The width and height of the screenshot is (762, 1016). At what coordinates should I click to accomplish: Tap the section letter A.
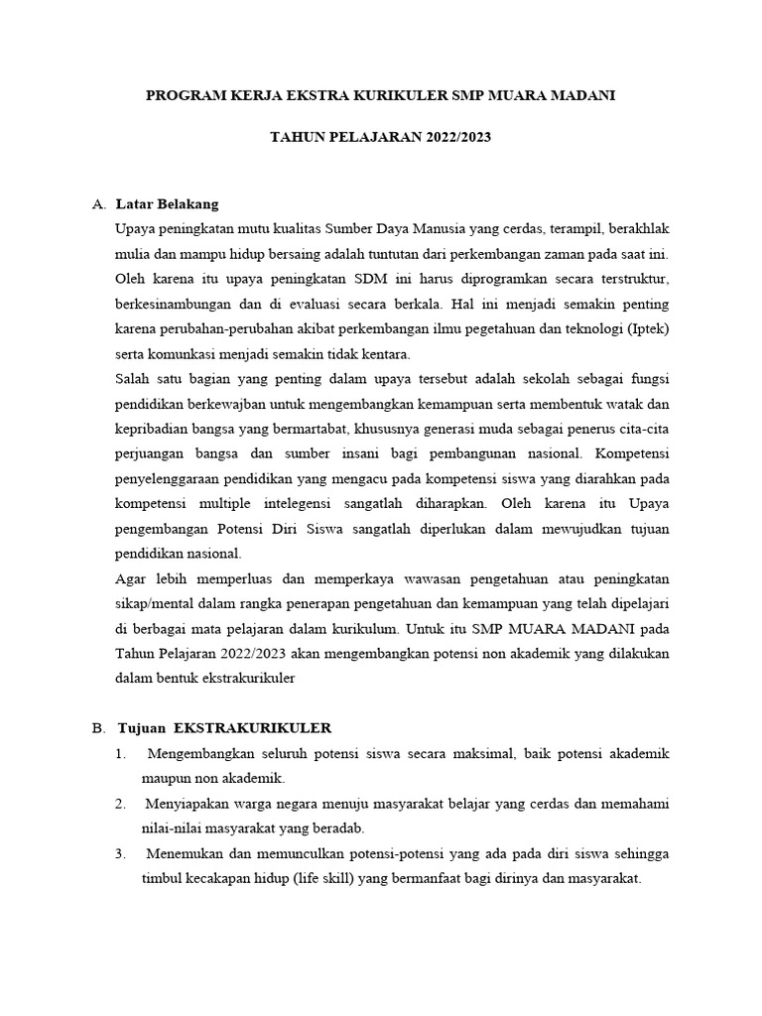point(97,204)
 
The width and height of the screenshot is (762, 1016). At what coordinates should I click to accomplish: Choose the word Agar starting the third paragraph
point(133,578)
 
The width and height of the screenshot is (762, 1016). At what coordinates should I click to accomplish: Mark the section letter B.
point(97,728)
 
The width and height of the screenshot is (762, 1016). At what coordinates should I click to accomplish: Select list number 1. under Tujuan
point(120,754)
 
